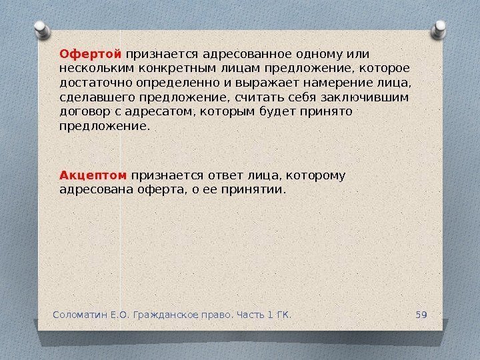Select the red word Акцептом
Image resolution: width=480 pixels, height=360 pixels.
[x=93, y=175]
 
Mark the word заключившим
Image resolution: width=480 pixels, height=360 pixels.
[x=363, y=97]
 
